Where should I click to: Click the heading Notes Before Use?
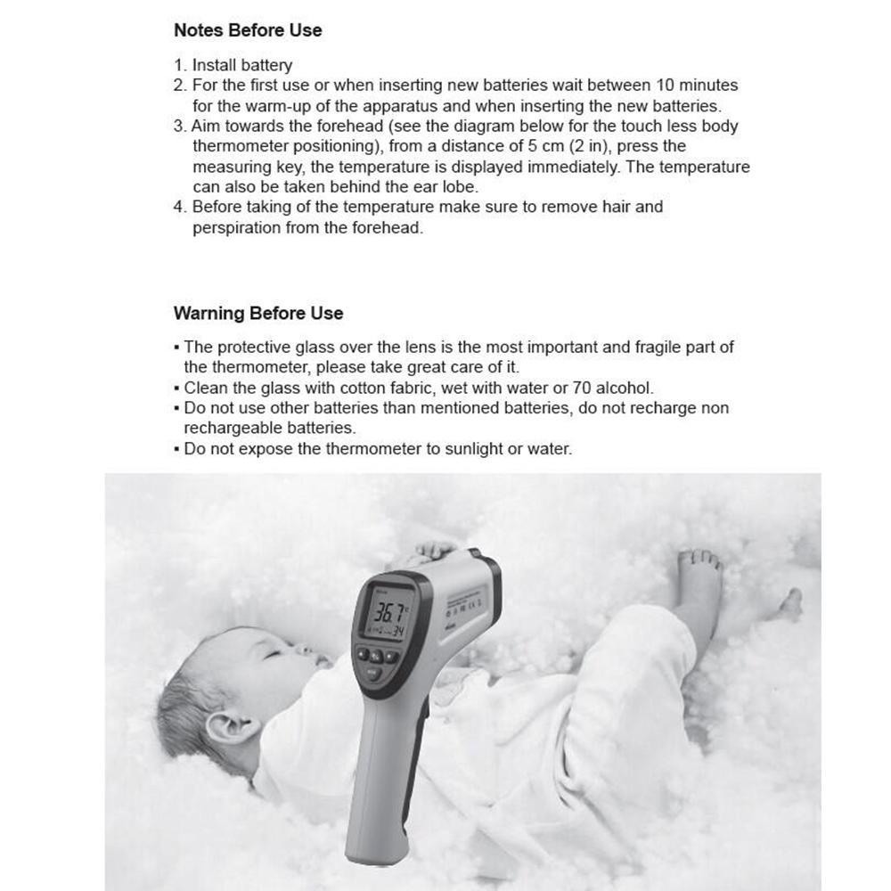click(x=248, y=30)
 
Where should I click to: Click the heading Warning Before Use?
click(x=258, y=314)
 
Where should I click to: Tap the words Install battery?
click(x=242, y=65)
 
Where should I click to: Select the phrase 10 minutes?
click(x=697, y=86)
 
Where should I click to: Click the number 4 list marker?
click(x=179, y=208)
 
